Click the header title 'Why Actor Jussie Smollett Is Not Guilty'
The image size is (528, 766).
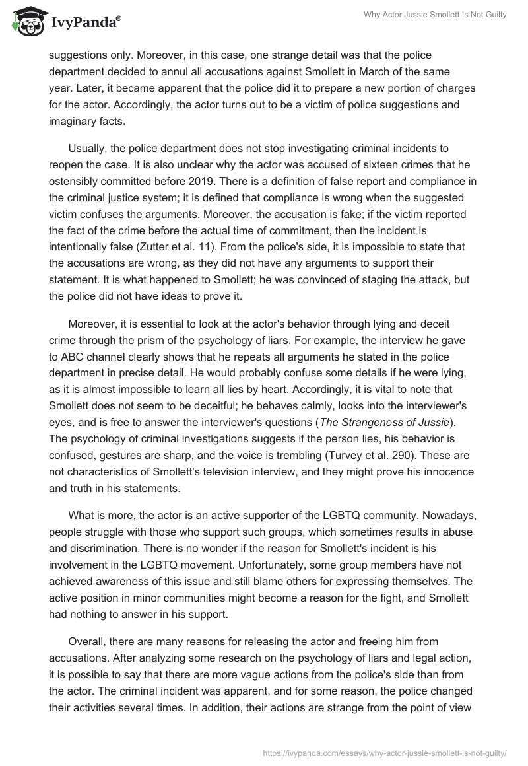(x=436, y=15)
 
